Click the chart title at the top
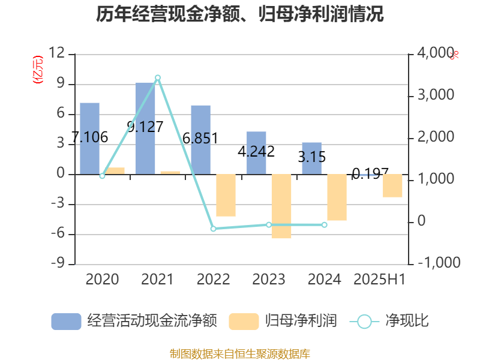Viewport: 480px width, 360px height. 240,14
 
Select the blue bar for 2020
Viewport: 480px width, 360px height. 89,138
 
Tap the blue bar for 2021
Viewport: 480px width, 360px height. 145,128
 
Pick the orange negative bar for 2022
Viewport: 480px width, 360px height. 226,195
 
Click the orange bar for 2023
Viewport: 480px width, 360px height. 281,206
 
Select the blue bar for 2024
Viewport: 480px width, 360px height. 311,158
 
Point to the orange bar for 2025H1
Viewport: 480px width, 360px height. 392,185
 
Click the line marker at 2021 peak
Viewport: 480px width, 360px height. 158,77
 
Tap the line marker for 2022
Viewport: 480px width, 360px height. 213,229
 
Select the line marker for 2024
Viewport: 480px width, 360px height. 324,224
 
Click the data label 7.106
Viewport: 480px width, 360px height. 89,137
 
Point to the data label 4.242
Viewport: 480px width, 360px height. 256,152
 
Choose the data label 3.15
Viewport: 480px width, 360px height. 312,157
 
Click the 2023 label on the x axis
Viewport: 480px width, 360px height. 269,280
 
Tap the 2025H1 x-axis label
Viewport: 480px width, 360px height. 380,280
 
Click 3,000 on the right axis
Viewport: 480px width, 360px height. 437,95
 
